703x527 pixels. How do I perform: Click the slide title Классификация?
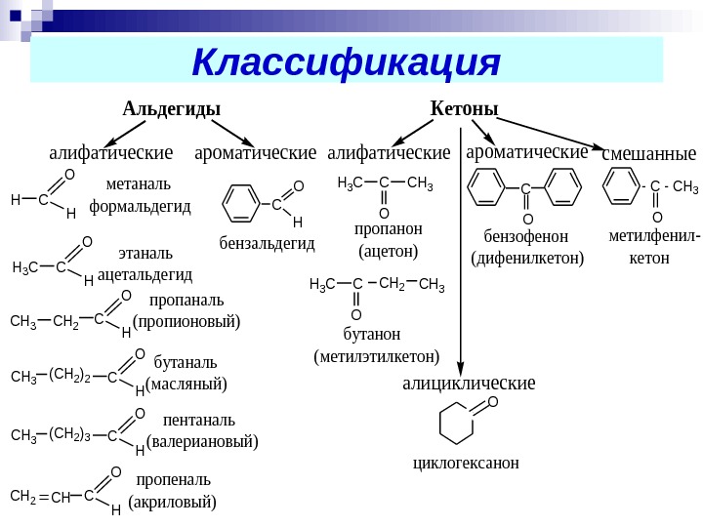347,61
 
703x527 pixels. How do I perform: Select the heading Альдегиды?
171,107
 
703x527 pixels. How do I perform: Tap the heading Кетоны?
465,107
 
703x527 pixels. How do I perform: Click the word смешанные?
649,153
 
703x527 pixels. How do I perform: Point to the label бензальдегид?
269,242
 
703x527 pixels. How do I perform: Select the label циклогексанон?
466,462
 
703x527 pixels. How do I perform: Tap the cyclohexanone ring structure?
459,424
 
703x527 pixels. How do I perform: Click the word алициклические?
469,383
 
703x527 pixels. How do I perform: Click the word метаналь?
138,183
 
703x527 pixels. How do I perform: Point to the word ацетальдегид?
145,274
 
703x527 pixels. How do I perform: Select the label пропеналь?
173,480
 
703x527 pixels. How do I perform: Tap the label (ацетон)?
389,252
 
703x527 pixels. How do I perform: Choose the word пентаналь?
199,421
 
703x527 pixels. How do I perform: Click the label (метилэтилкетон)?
377,356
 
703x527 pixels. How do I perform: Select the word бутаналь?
186,362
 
